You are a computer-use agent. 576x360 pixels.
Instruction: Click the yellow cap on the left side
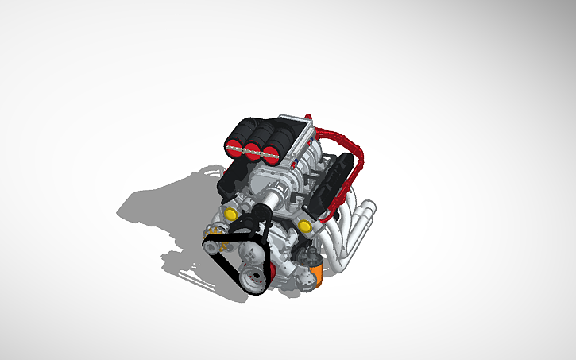230,213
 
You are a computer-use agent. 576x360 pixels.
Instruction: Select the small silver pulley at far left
210,246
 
